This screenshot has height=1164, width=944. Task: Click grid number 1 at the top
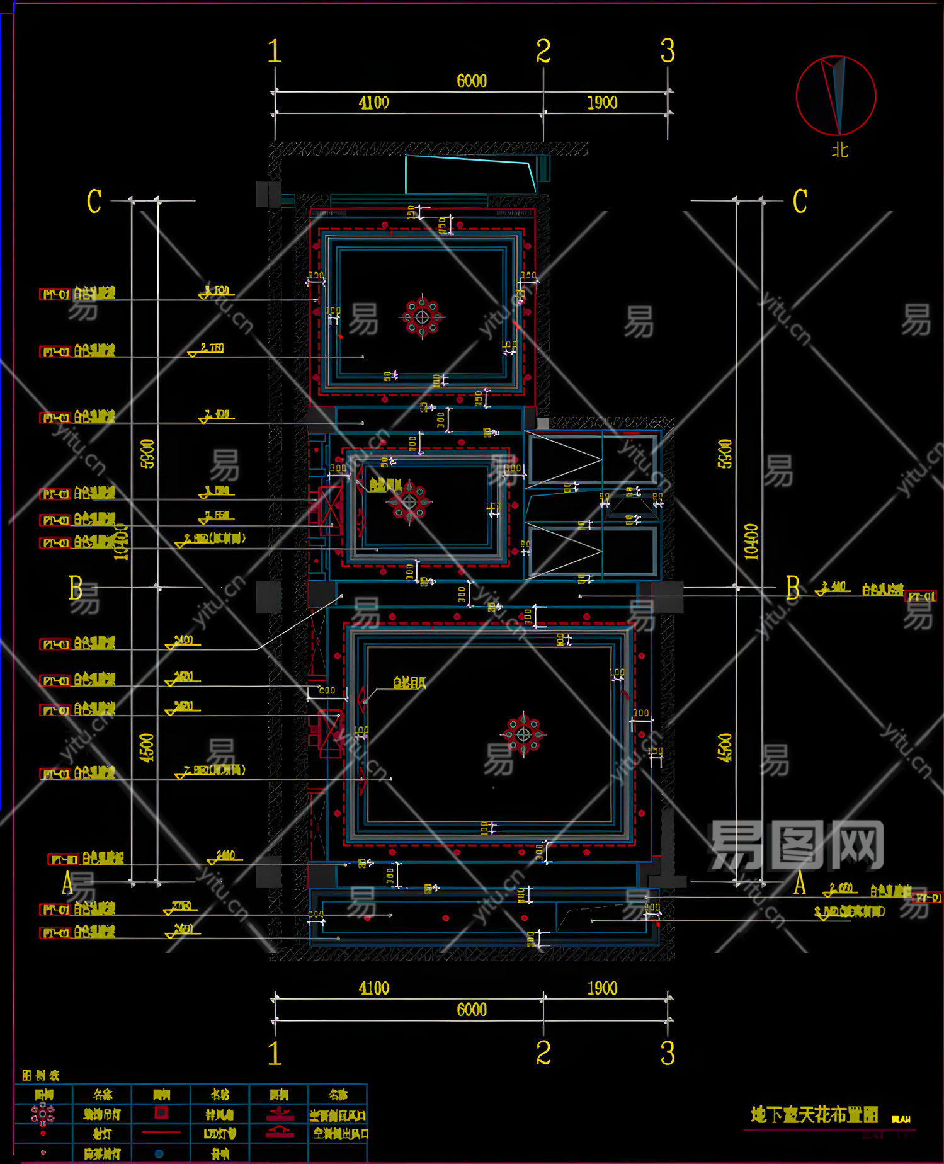click(x=275, y=51)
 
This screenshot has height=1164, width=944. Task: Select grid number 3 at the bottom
click(x=668, y=1053)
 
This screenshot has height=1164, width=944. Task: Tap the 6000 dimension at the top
click(x=472, y=81)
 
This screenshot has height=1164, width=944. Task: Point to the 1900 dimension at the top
click(x=602, y=103)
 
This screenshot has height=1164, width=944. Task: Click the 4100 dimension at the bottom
click(x=374, y=988)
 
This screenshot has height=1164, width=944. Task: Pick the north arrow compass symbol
click(x=836, y=96)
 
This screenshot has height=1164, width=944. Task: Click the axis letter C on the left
click(x=94, y=202)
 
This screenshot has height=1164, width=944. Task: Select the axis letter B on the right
click(x=793, y=588)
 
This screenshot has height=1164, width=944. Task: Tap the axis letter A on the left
click(x=68, y=883)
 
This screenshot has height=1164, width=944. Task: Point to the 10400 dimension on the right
click(x=751, y=542)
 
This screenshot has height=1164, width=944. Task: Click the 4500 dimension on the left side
click(x=147, y=748)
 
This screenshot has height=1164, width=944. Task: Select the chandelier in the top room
click(x=422, y=317)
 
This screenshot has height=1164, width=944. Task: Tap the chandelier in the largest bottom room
click(x=523, y=734)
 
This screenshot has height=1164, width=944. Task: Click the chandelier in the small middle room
click(x=409, y=502)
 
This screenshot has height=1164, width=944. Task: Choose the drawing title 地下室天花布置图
click(x=814, y=1115)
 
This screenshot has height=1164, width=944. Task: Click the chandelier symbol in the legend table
click(x=43, y=1114)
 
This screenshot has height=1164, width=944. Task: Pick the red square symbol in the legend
click(x=161, y=1113)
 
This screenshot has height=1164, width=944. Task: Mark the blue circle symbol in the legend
click(x=159, y=1153)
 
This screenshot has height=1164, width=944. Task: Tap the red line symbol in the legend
click(x=161, y=1133)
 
